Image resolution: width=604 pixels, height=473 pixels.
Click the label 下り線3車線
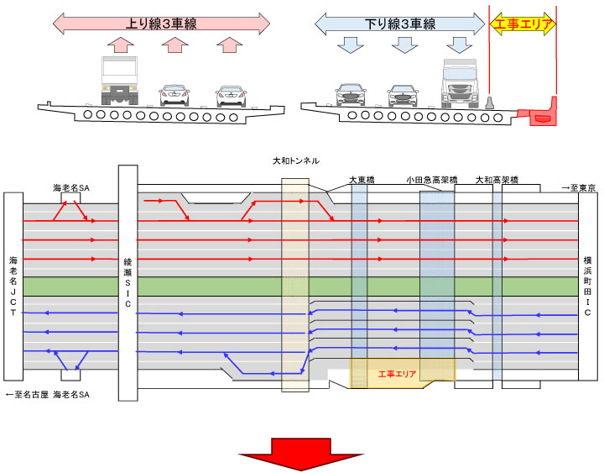(400, 24)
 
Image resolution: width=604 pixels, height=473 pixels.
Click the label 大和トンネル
(296, 160)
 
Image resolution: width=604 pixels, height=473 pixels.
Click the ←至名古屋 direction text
(26, 393)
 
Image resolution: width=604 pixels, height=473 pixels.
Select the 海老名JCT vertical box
(13, 286)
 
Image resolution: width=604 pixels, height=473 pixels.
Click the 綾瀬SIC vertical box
(128, 286)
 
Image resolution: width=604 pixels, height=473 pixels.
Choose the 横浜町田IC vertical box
(588, 286)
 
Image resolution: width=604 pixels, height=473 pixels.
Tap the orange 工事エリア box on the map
(401, 371)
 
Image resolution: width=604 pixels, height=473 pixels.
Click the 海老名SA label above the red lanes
(71, 191)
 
